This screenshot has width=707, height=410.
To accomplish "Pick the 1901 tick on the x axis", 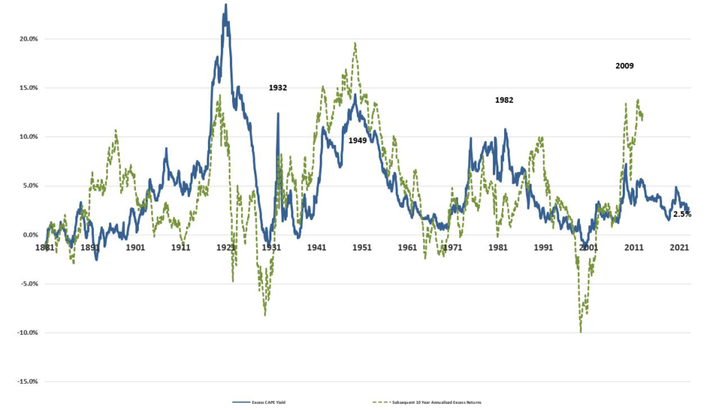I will pyautogui.click(x=135, y=247).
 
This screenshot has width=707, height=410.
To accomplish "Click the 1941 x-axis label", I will pyautogui.click(x=317, y=247).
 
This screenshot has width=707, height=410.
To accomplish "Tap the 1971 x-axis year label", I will pyautogui.click(x=453, y=247).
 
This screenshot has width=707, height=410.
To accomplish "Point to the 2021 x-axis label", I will pyautogui.click(x=679, y=247).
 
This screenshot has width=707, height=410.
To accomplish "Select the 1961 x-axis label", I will pyautogui.click(x=407, y=247).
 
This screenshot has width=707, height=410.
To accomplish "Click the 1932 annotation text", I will pyautogui.click(x=278, y=88).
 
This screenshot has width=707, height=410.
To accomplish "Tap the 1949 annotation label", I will pyautogui.click(x=358, y=140).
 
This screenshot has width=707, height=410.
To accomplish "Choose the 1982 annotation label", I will pyautogui.click(x=504, y=100).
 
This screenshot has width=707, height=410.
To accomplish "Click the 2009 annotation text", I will pyautogui.click(x=625, y=66).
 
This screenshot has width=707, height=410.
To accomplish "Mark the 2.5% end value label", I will pyautogui.click(x=682, y=215).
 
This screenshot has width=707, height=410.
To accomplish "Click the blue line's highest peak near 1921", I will pyautogui.click(x=226, y=5).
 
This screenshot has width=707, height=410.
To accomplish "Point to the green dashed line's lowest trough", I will pyautogui.click(x=581, y=332).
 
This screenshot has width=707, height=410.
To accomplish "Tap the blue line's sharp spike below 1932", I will pyautogui.click(x=278, y=114).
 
